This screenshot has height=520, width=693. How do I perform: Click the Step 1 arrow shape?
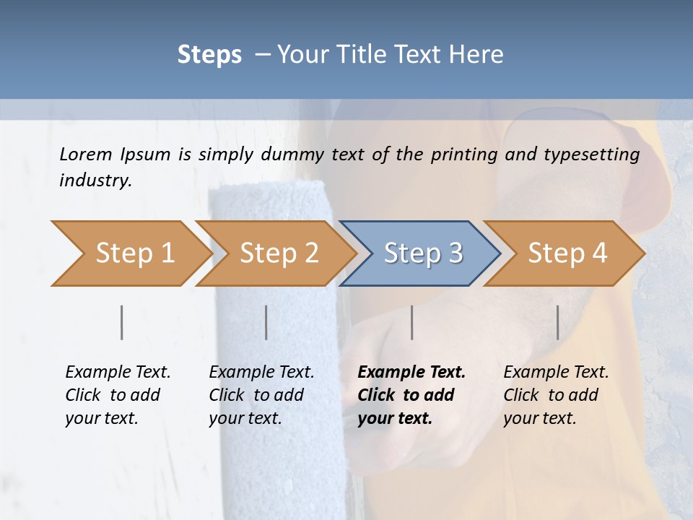coord(130,253)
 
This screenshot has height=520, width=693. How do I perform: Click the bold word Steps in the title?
coord(209,55)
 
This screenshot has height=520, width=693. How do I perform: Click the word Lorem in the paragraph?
coord(86,154)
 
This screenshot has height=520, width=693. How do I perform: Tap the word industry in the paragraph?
coord(95,181)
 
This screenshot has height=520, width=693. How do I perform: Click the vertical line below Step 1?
coord(122,322)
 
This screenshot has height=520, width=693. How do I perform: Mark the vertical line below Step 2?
coord(266,322)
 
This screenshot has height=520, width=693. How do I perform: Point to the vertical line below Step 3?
coord(412,322)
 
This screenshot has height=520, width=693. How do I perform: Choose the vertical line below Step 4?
coord(558,322)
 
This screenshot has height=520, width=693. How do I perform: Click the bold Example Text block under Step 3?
coord(411,395)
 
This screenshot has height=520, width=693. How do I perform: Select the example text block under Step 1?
coord(118,395)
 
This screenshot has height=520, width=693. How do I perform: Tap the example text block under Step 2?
coord(261,395)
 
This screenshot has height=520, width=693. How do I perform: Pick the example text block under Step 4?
coord(556,395)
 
